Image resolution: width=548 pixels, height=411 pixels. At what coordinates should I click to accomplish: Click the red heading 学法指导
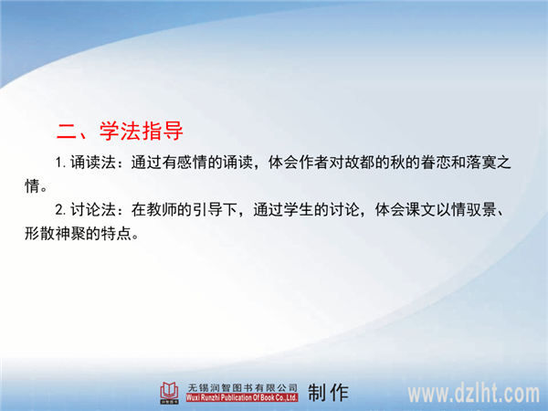coord(142,131)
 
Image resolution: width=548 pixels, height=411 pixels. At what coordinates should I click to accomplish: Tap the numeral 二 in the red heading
coord(68,132)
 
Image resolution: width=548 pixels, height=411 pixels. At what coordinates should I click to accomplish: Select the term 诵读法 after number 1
coord(93,163)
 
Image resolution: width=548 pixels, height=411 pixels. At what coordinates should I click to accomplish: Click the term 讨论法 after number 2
coord(93,210)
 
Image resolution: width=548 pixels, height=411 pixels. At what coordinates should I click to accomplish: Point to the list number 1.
coord(59,163)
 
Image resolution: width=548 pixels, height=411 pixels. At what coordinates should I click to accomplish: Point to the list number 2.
coord(59,210)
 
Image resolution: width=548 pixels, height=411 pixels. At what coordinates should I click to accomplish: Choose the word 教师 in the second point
coord(162,210)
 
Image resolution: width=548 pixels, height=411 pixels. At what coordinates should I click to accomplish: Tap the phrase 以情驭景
coord(466,210)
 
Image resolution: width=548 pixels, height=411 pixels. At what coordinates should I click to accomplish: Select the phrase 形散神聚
coord(55,233)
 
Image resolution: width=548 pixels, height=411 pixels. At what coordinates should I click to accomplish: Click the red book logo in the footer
coord(169,393)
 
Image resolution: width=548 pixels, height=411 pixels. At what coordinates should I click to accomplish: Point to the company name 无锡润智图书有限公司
coord(242,387)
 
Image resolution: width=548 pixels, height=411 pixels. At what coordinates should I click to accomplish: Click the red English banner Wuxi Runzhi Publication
coord(242,397)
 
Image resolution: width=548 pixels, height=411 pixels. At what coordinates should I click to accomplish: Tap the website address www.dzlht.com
coord(473,393)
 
